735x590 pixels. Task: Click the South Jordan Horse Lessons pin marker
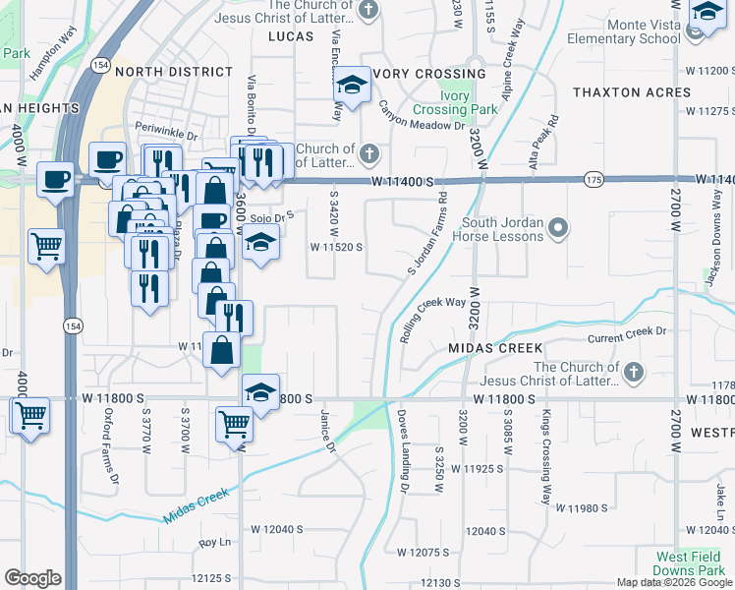(x=558, y=230)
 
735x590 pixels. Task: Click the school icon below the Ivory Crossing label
(x=351, y=87)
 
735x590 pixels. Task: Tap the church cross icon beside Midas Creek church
(x=634, y=373)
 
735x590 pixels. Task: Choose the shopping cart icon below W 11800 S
(x=234, y=424)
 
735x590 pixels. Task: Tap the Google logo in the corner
(x=32, y=578)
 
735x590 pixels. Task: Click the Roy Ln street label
(x=213, y=543)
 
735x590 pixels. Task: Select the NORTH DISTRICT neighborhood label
(x=173, y=72)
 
